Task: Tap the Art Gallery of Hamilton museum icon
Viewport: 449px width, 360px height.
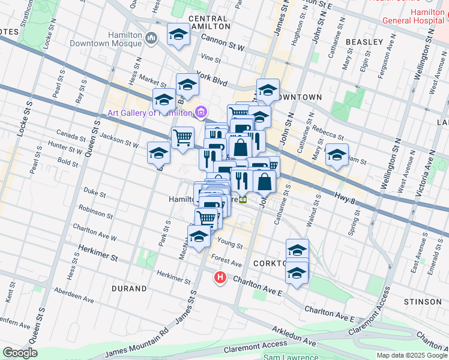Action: (202, 112)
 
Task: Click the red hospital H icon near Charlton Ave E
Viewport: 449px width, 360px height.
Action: (221, 278)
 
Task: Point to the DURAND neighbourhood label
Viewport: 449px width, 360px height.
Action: (129, 289)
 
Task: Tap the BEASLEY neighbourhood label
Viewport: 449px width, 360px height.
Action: (364, 42)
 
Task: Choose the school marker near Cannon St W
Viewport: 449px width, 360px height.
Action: (178, 35)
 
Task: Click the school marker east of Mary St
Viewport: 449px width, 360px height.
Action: (337, 155)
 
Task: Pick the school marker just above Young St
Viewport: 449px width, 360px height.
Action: (199, 238)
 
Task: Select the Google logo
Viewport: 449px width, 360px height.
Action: (20, 353)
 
